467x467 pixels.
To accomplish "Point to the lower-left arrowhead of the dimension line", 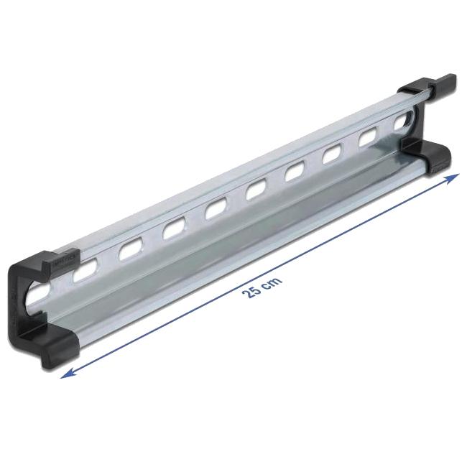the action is [68, 374].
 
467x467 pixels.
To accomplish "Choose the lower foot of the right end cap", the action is [429, 157].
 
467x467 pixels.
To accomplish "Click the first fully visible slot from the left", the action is [85, 270].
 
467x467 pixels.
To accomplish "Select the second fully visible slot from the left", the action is [131, 250].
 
